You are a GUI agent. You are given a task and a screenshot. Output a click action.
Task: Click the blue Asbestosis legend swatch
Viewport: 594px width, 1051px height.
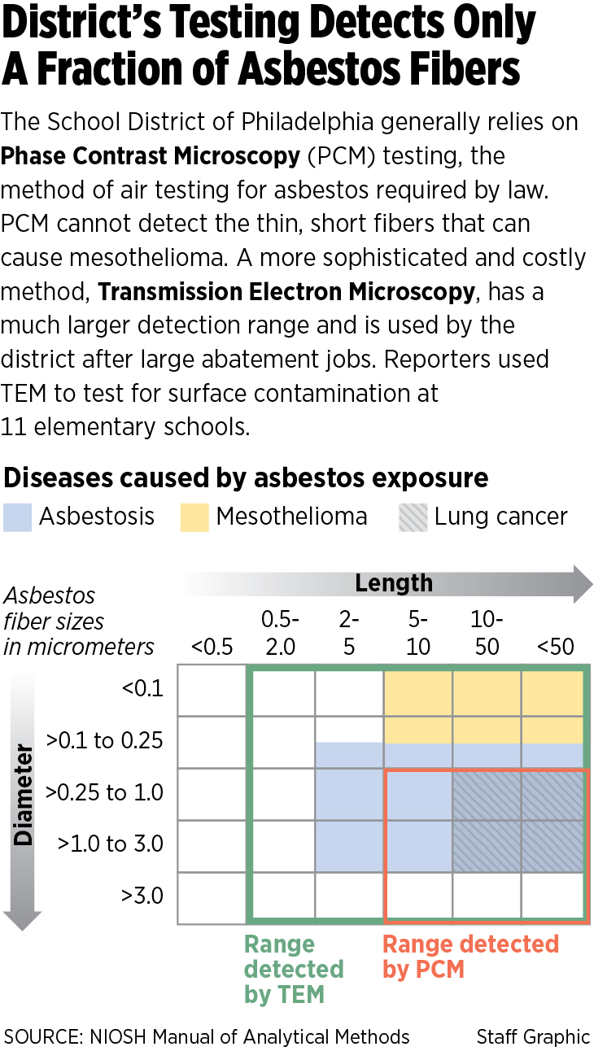pyautogui.click(x=17, y=517)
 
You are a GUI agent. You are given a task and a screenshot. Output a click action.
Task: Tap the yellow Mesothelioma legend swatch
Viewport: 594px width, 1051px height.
pyautogui.click(x=194, y=517)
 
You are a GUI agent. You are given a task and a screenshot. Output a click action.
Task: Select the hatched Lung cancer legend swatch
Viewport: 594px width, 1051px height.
pyautogui.click(x=413, y=517)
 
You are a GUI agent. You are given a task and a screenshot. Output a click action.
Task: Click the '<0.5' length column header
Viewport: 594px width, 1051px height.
pyautogui.click(x=212, y=648)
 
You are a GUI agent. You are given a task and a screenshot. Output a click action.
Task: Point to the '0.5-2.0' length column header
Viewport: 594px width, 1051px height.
pyautogui.click(x=281, y=634)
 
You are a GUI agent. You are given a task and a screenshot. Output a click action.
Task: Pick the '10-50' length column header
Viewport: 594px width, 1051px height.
pyautogui.click(x=487, y=634)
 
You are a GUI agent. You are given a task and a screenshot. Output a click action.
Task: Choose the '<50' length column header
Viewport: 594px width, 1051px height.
pyautogui.click(x=556, y=648)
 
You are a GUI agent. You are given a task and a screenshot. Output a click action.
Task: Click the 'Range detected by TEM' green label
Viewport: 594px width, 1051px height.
pyautogui.click(x=294, y=969)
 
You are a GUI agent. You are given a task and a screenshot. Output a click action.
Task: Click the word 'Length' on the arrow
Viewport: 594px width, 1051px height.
pyautogui.click(x=394, y=582)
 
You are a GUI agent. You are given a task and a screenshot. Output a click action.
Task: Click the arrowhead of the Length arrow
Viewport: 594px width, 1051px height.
pyautogui.click(x=581, y=583)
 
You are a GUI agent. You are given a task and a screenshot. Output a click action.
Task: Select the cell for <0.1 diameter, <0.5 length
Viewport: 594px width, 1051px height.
pyautogui.click(x=212, y=690)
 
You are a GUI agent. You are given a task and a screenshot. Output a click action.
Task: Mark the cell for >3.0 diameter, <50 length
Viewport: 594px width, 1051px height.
pyautogui.click(x=554, y=896)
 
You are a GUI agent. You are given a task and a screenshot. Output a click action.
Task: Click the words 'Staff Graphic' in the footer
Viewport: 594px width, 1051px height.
pyautogui.click(x=533, y=1036)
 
